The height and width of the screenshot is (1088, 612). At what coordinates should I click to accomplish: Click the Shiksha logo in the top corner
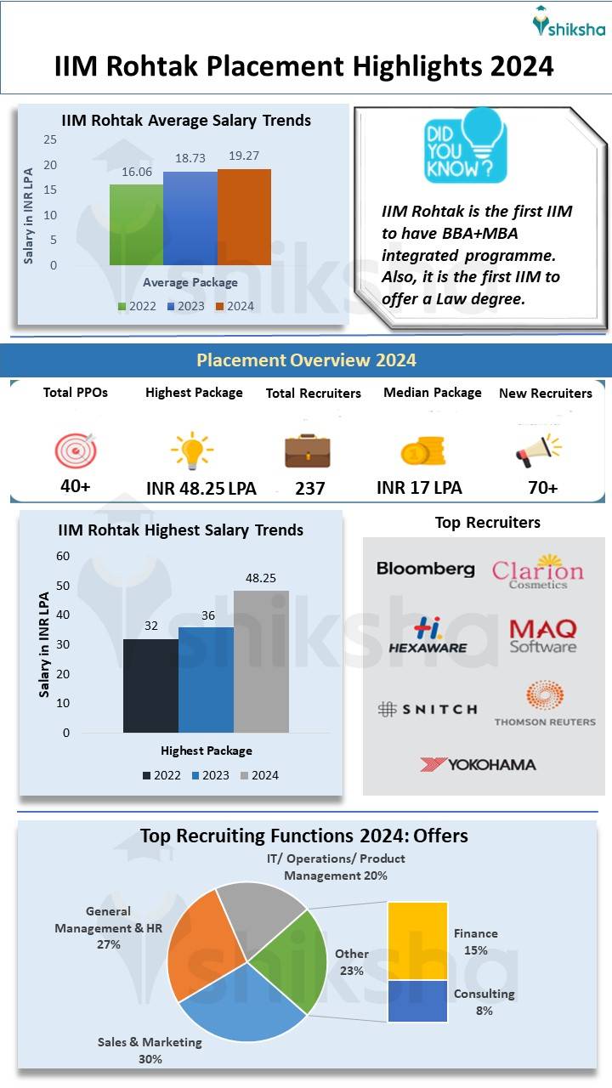[568, 23]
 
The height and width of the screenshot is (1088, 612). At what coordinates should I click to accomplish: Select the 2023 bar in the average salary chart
[190, 218]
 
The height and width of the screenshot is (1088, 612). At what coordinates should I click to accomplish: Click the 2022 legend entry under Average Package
[137, 306]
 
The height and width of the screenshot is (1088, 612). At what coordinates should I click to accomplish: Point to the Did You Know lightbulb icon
[465, 145]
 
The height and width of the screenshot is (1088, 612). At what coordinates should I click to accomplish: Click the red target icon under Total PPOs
[76, 450]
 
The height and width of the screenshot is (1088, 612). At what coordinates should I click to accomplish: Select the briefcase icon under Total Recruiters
[307, 450]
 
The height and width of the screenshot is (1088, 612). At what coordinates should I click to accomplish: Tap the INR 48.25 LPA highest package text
[201, 489]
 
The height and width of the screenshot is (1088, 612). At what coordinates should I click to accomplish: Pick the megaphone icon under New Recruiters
[538, 450]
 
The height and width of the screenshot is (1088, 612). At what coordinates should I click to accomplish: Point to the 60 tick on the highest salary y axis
[63, 556]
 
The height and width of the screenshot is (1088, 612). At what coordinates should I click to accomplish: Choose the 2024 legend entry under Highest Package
[258, 775]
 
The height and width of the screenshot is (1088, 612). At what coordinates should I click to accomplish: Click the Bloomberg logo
[425, 569]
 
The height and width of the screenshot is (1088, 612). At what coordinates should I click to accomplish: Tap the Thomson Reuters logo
[545, 704]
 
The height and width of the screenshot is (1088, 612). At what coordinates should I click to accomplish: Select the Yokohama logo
[478, 764]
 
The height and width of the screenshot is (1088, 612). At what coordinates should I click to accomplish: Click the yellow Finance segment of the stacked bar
[417, 940]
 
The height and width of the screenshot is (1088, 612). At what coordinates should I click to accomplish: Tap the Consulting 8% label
[484, 1001]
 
